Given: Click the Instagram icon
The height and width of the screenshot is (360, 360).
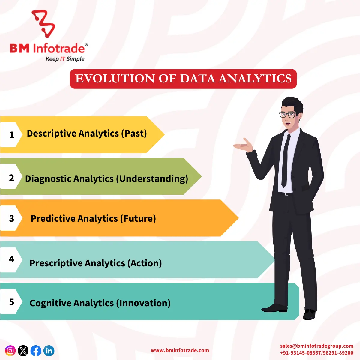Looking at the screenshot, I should coord(10,350).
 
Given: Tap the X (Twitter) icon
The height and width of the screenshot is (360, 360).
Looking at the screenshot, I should coord(23,350).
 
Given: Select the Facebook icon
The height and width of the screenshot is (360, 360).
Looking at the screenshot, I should coord(36,350).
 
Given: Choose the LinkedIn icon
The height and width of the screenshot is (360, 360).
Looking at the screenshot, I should coord(49,350).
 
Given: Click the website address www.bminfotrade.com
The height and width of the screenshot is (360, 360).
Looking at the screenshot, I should coord(180,350).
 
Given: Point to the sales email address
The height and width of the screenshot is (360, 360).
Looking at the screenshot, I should coord(316,346).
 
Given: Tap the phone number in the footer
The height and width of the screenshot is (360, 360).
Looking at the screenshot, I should coord(316,353).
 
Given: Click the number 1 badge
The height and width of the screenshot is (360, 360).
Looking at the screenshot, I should coord(12,135).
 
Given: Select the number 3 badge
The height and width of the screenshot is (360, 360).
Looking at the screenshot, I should coord(12,218).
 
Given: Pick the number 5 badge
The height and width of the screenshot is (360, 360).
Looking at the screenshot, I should coord(12,302).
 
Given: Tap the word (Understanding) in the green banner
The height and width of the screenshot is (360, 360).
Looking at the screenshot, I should coord(152,178).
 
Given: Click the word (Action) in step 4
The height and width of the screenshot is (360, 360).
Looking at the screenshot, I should coord(145,263).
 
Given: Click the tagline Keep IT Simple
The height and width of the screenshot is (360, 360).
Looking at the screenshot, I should coord(65,59).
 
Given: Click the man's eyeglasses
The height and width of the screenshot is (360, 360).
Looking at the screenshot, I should coord(287,114).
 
